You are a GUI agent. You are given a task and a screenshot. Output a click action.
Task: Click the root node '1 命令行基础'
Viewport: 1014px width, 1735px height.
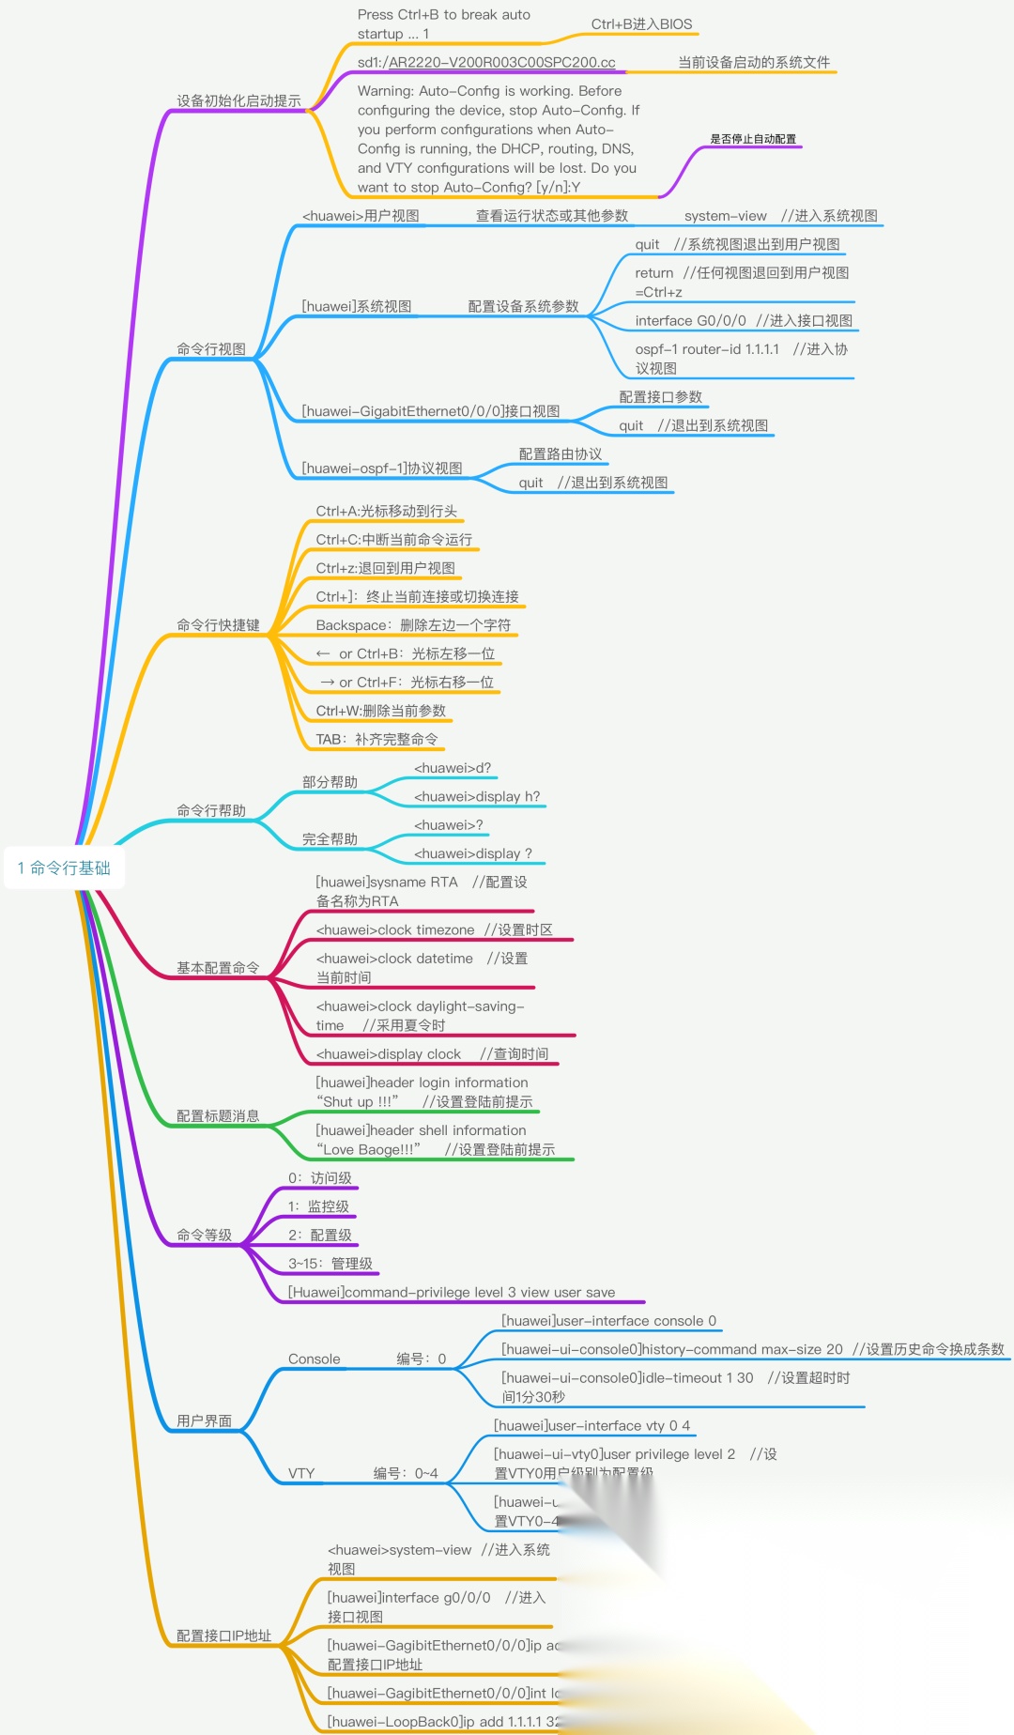64,868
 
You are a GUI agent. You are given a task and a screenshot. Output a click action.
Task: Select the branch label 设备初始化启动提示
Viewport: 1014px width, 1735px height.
238,101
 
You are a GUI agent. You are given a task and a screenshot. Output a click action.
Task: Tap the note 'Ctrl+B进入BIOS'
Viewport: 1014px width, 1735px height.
641,24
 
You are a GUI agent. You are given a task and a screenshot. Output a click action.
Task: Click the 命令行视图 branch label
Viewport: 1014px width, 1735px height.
211,349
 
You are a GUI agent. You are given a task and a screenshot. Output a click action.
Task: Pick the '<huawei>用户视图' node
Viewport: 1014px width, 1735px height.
361,216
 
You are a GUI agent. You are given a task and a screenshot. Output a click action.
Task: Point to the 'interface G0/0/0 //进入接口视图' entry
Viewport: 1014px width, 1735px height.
744,321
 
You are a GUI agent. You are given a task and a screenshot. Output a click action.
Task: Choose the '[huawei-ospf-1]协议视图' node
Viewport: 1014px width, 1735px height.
382,468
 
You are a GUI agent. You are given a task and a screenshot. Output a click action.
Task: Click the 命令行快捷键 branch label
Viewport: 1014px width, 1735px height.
218,625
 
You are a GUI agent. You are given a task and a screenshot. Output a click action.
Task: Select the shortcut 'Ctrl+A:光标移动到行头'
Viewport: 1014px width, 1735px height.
387,512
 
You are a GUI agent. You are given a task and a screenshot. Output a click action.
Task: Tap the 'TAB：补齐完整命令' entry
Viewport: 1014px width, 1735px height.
376,740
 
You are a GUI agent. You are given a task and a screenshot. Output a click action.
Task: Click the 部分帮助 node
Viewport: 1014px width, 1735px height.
330,782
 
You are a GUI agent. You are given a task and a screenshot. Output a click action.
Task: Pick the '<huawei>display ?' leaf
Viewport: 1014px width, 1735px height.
473,853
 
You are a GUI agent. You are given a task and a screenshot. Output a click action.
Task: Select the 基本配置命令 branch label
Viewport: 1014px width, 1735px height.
218,968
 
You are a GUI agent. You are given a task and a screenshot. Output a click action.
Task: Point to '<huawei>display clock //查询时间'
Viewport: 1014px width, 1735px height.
432,1054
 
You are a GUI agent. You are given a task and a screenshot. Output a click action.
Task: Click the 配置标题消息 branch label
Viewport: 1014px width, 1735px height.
218,1116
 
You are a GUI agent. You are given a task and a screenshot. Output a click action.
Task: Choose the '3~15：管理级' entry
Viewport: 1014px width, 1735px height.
330,1264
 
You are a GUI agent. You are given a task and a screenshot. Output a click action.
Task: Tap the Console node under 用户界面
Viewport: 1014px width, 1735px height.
315,1359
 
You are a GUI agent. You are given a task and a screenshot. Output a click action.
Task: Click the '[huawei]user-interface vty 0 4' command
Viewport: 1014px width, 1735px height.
591,1426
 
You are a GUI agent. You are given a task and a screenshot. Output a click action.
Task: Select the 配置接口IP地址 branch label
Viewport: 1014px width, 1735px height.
223,1635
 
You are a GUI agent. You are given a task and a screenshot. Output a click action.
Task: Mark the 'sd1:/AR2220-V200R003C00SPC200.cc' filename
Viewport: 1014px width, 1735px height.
486,63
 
